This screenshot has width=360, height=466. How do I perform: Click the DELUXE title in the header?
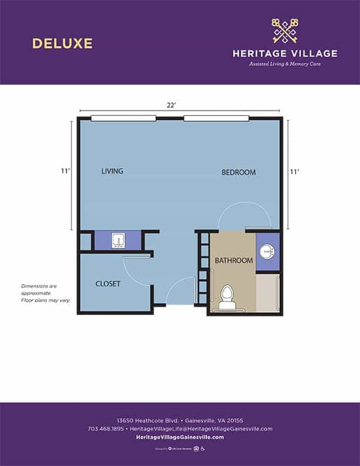point(62,43)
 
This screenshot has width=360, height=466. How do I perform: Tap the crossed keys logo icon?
point(284,31)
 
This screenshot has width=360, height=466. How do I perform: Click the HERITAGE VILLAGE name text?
point(284,53)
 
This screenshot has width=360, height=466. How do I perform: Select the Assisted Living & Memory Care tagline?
point(284,64)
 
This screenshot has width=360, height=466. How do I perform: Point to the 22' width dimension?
point(171,105)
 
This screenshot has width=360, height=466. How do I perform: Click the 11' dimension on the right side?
point(294,172)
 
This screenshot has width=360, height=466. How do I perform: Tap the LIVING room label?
point(112,171)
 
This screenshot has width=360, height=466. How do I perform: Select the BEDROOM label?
point(238,172)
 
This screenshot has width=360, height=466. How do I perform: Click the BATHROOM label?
point(234,261)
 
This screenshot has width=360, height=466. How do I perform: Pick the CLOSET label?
point(108,283)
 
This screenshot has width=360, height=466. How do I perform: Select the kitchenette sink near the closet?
point(119,241)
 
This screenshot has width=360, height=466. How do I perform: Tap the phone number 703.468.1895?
point(105,429)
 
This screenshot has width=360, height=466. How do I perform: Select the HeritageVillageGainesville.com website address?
point(180,437)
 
